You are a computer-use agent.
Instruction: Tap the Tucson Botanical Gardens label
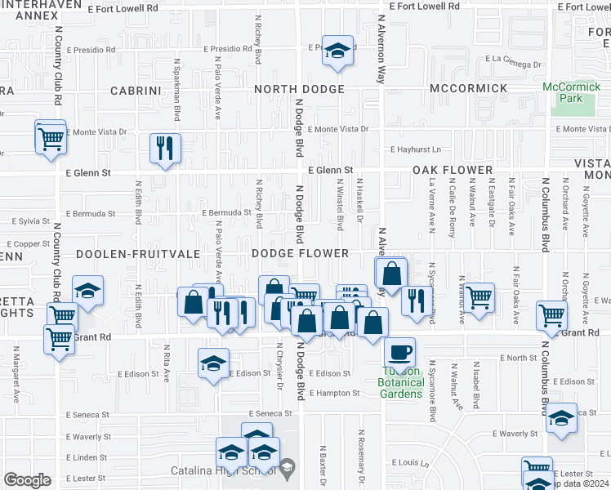tap(401, 382)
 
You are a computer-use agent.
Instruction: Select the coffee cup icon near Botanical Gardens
tap(399, 352)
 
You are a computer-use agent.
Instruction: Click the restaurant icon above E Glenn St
tap(165, 148)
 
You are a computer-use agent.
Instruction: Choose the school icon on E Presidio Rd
tap(337, 50)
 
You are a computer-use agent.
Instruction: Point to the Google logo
tap(26, 480)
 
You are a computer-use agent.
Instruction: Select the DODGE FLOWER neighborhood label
tap(300, 254)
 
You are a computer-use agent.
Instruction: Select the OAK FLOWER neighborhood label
tap(452, 171)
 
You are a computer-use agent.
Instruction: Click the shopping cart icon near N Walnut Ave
tap(479, 296)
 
